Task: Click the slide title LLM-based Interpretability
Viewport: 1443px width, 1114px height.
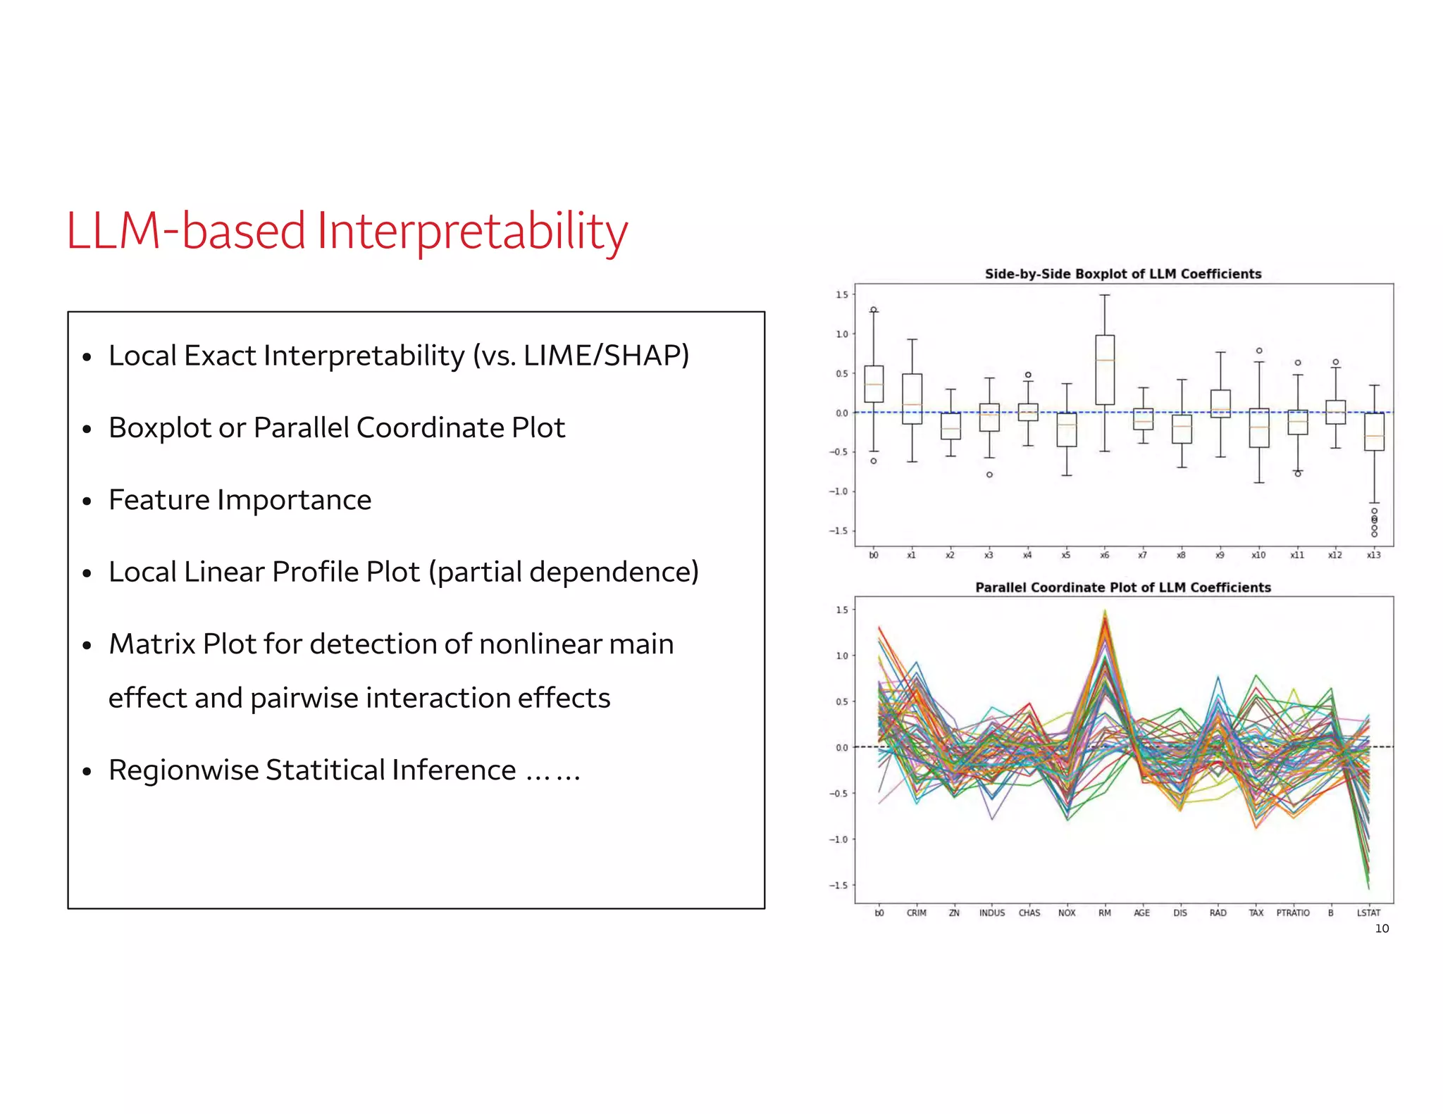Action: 347,231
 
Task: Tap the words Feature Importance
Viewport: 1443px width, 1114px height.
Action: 240,500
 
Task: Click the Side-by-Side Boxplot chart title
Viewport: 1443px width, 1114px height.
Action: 1122,274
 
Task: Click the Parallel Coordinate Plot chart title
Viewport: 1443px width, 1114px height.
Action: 1122,587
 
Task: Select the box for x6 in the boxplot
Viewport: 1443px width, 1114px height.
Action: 1105,370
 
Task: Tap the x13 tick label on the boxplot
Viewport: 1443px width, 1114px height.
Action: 1373,556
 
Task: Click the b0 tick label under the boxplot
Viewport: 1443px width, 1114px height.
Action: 874,556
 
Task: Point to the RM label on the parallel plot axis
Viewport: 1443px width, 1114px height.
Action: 1104,913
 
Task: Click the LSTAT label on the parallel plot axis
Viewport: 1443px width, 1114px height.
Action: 1368,913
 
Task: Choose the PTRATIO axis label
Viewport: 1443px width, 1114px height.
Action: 1293,913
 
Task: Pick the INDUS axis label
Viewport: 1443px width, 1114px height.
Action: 991,913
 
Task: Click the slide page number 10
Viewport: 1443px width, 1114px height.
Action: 1382,929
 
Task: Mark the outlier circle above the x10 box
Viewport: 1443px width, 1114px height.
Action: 1259,351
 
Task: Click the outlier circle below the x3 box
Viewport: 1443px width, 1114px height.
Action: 989,475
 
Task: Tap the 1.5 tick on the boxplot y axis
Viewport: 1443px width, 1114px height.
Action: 841,295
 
